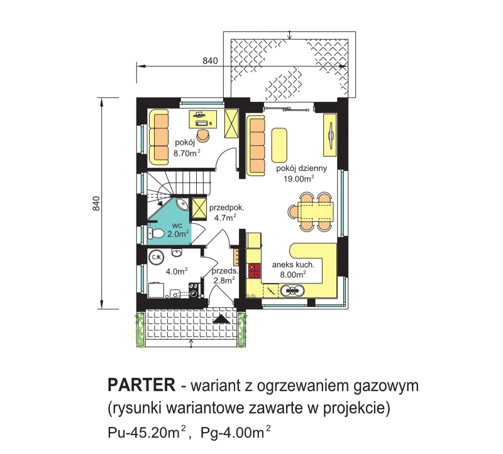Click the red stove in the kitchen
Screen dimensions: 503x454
tap(255, 270)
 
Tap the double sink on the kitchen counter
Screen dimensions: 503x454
tap(292, 291)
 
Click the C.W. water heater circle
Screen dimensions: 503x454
tap(156, 257)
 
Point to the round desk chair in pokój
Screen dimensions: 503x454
tap(203, 135)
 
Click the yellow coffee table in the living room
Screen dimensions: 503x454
tap(279, 145)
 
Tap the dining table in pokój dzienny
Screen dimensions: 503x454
tap(316, 212)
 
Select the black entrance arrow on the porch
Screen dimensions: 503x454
tap(221, 319)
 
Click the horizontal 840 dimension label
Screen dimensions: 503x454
tap(210, 60)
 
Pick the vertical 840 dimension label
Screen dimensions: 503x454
tap(96, 203)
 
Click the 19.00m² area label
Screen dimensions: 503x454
tap(298, 179)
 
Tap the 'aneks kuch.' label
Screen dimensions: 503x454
tap(293, 265)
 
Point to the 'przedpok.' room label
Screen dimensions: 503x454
tap(227, 208)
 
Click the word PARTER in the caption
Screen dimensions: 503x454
tap(141, 385)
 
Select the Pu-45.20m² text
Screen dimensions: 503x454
tap(147, 433)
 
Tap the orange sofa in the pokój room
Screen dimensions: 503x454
tap(158, 137)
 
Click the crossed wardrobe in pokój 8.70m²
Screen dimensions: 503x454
tap(231, 123)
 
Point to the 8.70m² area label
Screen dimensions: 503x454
tap(187, 153)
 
